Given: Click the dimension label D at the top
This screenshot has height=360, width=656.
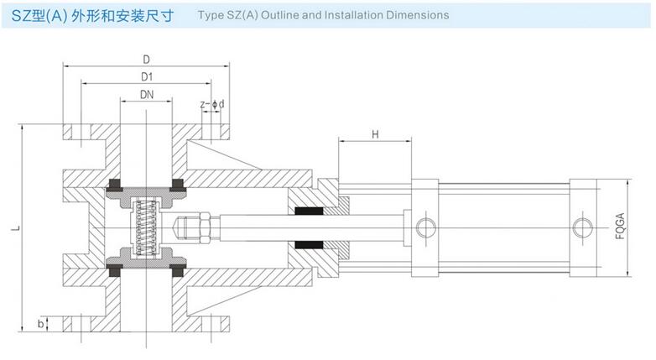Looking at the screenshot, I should [146, 60].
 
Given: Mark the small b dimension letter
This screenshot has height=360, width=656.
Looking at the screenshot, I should [40, 322].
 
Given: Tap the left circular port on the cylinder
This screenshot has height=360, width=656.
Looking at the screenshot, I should [424, 226].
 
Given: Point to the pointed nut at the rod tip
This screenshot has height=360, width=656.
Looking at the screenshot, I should [184, 227].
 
